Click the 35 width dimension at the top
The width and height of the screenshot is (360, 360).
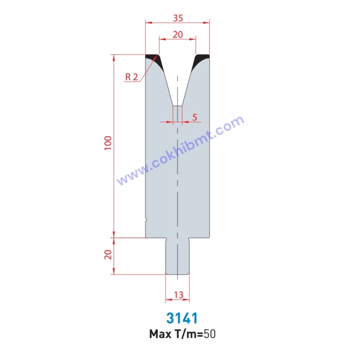point(178,18)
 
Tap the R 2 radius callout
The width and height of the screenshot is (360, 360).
point(132,77)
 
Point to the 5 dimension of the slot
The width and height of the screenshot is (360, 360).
point(195,117)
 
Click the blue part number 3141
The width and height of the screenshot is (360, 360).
point(182,318)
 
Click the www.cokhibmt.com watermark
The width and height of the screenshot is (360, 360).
point(180,151)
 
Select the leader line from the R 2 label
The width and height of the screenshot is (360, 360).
point(141,73)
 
